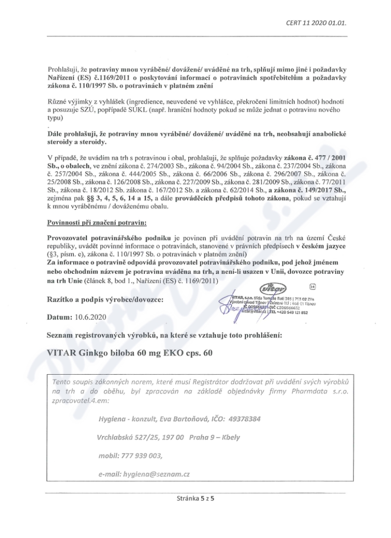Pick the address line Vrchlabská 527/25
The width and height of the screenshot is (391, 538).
point(129,437)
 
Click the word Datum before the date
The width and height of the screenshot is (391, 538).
point(59,317)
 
